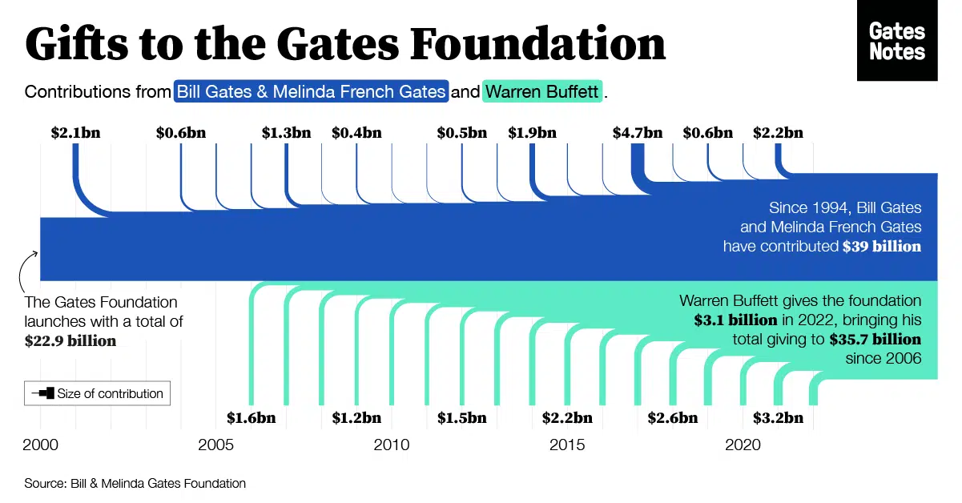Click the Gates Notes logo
pyautogui.click(x=897, y=41)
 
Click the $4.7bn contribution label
pyautogui.click(x=637, y=133)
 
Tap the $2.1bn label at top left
pyautogui.click(x=75, y=133)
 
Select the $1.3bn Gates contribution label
pyautogui.click(x=286, y=133)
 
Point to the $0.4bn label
pyautogui.click(x=356, y=133)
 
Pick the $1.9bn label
pyautogui.click(x=532, y=133)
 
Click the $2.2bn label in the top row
pyautogui.click(x=778, y=133)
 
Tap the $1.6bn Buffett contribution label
pyautogui.click(x=251, y=417)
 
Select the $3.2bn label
pyautogui.click(x=778, y=417)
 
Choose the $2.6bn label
pyautogui.click(x=672, y=417)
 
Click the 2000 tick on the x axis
pyautogui.click(x=40, y=445)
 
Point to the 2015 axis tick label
pyautogui.click(x=567, y=445)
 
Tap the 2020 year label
pyautogui.click(x=743, y=445)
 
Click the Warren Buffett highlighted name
pyautogui.click(x=542, y=91)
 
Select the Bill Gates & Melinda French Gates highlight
pyautogui.click(x=311, y=91)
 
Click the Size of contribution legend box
pyautogui.click(x=97, y=393)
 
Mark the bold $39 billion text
pyautogui.click(x=881, y=247)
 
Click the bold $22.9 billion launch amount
pyautogui.click(x=70, y=340)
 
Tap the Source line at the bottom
pyautogui.click(x=135, y=483)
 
